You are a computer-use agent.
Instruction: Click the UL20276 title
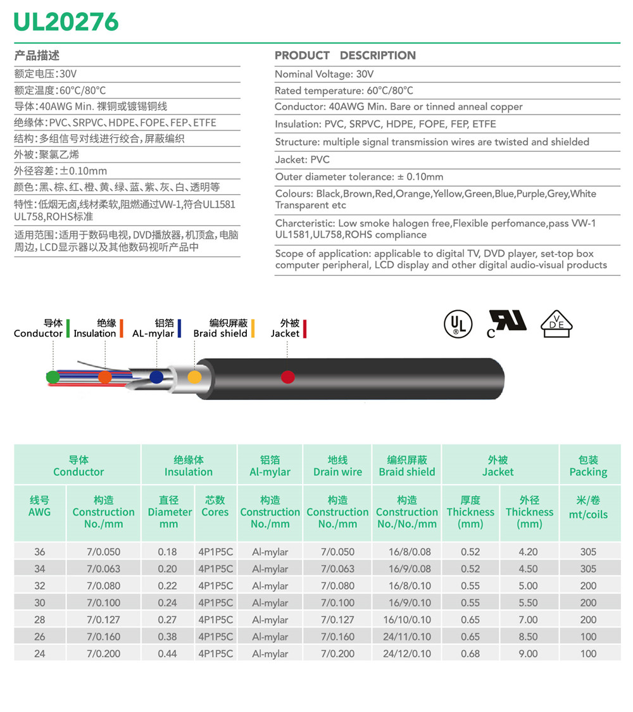(x=66, y=22)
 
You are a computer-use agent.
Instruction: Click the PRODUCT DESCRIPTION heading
(x=345, y=56)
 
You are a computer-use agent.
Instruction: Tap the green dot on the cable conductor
(x=53, y=377)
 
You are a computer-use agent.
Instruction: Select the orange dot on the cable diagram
(x=105, y=377)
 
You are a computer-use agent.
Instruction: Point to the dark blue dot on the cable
(x=156, y=377)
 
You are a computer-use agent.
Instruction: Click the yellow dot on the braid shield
(x=195, y=377)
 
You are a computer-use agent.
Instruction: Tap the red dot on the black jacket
(x=288, y=377)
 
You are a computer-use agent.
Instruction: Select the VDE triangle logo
(x=556, y=323)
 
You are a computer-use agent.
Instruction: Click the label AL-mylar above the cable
(x=153, y=334)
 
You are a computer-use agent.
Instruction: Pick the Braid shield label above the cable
(x=220, y=334)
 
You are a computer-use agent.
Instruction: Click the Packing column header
(x=588, y=466)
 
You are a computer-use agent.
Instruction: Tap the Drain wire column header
(x=337, y=466)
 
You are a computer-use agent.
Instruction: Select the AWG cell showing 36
(x=39, y=552)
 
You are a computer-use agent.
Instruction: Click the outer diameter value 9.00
(x=528, y=654)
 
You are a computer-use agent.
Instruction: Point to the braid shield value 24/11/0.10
(x=406, y=637)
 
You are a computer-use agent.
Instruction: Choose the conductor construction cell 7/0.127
(x=103, y=620)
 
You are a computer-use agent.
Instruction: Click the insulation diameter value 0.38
(x=167, y=637)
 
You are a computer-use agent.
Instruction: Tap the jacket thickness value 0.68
(x=470, y=654)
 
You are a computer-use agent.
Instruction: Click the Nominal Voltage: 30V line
(x=324, y=74)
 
